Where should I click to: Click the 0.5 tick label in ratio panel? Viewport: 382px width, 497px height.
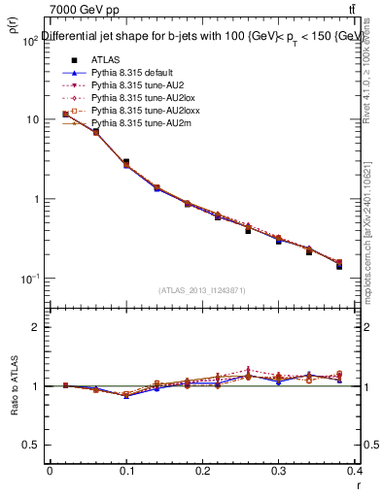[29, 445]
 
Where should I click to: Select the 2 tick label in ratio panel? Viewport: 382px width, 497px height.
[35, 327]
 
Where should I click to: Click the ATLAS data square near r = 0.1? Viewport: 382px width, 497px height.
[126, 162]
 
